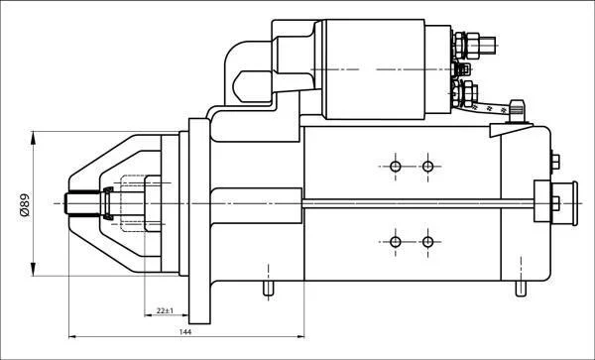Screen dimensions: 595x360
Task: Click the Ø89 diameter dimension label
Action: [24, 205]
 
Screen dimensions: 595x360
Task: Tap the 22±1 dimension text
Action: [165, 310]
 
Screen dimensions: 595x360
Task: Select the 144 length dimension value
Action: [185, 332]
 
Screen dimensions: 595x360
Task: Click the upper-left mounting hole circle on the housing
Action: [396, 167]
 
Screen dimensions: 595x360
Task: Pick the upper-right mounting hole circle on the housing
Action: [427, 167]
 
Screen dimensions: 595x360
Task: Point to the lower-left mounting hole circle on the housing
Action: [396, 242]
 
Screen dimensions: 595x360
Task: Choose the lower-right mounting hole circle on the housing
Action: [427, 242]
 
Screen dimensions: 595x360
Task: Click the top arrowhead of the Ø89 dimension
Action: [34, 138]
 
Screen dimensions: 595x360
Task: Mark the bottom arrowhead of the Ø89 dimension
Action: [34, 270]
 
